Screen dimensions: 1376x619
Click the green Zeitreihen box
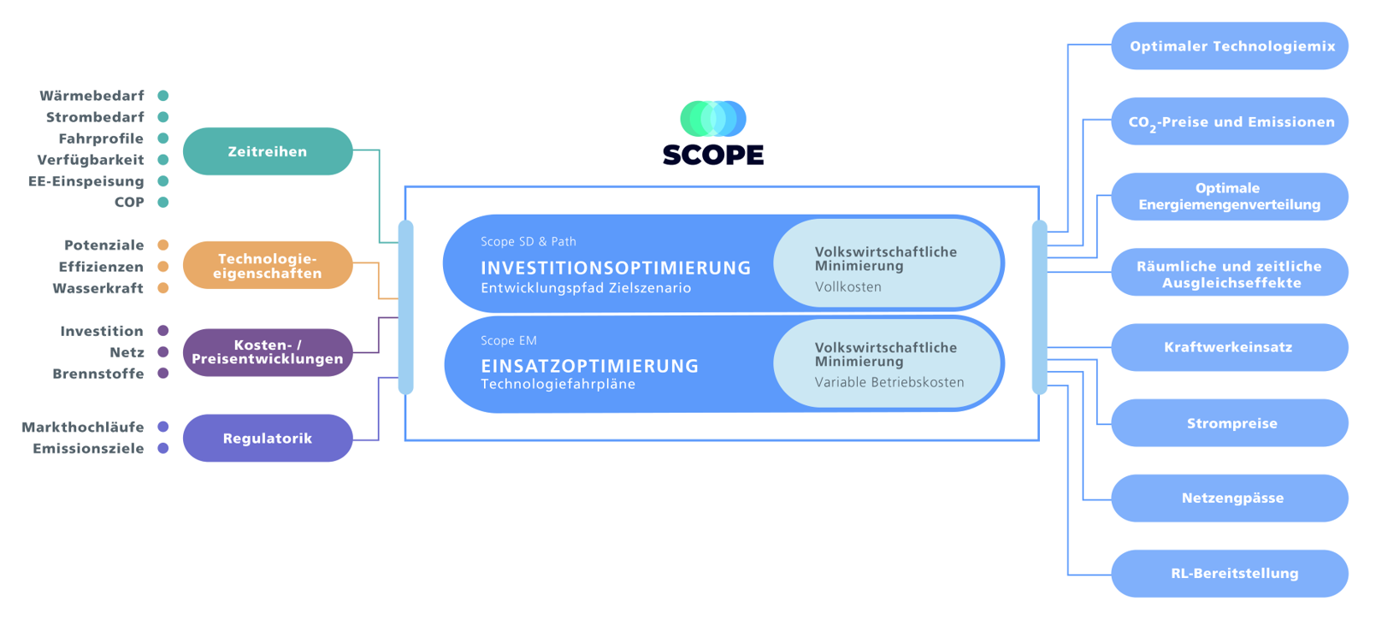268,151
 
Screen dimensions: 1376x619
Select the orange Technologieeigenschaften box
268,265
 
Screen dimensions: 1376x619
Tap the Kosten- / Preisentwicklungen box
268,352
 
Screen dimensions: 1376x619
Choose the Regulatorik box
268,438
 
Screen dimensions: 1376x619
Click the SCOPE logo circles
713,119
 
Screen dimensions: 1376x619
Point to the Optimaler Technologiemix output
1230,46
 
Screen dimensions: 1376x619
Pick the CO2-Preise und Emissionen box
1230,121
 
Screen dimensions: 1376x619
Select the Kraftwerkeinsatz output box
1230,348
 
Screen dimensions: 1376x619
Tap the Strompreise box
1230,423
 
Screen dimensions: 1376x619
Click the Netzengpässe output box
1230,498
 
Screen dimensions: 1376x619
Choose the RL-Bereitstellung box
1230,574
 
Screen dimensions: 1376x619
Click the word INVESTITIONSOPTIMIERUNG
616,268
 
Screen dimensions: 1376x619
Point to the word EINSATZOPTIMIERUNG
590,366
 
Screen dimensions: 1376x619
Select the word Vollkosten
847,286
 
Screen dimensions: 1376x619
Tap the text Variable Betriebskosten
889,382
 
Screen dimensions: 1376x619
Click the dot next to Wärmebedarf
162,95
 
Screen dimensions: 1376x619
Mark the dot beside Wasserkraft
162,287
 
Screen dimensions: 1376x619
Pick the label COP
129,202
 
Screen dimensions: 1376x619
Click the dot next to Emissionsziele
162,448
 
